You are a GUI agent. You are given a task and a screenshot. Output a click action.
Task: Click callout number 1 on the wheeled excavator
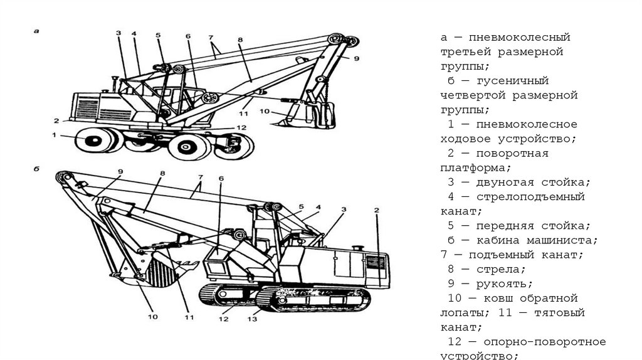point(54,135)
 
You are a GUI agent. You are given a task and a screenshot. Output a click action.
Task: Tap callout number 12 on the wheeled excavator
point(242,127)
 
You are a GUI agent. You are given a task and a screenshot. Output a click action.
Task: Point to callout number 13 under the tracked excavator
point(252,319)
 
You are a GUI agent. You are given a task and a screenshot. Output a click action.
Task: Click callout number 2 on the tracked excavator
point(377,209)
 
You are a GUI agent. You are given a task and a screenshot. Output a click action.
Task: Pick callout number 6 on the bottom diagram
point(221,178)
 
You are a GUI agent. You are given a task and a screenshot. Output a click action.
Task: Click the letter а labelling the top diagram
point(37,30)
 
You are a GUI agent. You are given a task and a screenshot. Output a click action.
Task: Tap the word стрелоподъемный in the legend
point(530,197)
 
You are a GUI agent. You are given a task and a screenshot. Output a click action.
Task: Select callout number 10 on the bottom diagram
point(153,317)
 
